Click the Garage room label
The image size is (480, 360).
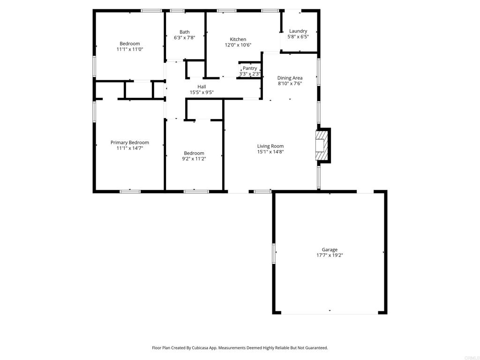pos(330,250)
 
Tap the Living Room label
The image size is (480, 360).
pos(270,146)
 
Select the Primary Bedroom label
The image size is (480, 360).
pos(130,142)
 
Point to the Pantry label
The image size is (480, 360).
pos(250,68)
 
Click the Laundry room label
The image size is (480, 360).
pos(298,31)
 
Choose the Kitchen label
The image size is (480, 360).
pos(238,39)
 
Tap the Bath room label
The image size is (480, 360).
pos(185,32)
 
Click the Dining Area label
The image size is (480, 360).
pos(290,78)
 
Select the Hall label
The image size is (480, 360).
pos(202,87)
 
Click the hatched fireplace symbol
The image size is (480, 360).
pos(321,145)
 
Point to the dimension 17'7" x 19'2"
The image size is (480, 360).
pos(330,255)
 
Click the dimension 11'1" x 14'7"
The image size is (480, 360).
pos(130,148)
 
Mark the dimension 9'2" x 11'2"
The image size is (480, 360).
pos(194,159)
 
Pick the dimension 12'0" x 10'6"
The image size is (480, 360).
pos(238,45)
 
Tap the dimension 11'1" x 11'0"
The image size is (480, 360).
pos(130,49)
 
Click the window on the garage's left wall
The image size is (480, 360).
pos(274,253)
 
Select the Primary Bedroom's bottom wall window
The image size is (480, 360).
pos(130,191)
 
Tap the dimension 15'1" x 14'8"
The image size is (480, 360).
pos(270,152)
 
